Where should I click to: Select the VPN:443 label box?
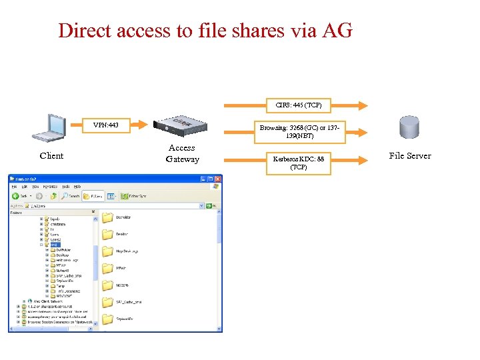[106, 125]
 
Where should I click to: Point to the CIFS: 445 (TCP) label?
[299, 105]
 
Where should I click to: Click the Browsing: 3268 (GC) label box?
[300, 131]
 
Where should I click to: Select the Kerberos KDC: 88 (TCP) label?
[299, 163]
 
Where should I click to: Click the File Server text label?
[410, 156]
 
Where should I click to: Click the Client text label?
[51, 156]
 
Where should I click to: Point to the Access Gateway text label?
[182, 153]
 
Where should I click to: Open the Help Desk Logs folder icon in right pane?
[107, 251]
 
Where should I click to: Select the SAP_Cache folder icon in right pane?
[107, 302]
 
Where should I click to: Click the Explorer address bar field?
[107, 206]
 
